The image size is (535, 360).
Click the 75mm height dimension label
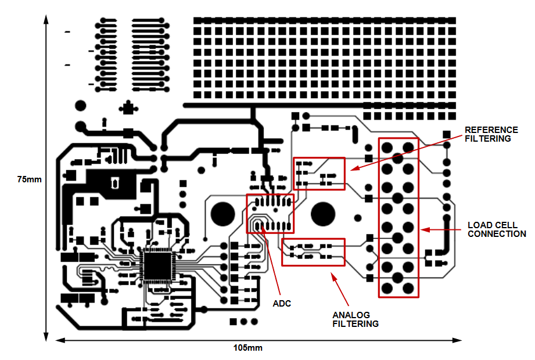[x=30, y=179]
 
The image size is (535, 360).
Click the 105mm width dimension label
[x=247, y=348]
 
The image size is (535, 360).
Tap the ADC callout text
[x=282, y=304]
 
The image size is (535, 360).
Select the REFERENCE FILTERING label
[x=491, y=134]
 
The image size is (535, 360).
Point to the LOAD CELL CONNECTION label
[x=497, y=229]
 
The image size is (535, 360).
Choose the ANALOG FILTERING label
[x=356, y=319]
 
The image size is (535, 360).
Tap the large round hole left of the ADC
[x=223, y=214]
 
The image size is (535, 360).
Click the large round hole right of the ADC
[x=323, y=214]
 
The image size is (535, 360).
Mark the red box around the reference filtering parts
[x=319, y=158]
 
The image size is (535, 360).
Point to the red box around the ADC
[x=270, y=195]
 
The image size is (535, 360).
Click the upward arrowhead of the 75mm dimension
[x=46, y=19]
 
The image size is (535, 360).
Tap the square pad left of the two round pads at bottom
[x=233, y=322]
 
